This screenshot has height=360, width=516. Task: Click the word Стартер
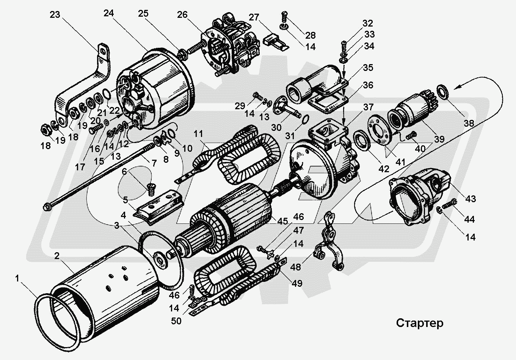click(x=420, y=323)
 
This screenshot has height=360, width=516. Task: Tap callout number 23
click(x=55, y=15)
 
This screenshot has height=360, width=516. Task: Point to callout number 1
click(x=17, y=279)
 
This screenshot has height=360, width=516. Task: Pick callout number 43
click(x=471, y=198)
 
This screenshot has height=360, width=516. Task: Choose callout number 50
click(x=176, y=321)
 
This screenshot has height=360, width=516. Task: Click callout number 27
click(x=254, y=18)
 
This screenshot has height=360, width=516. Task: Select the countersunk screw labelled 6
click(x=151, y=188)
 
